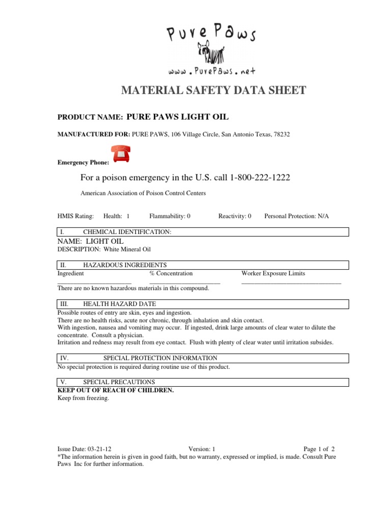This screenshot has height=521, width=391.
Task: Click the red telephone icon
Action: point(120,153)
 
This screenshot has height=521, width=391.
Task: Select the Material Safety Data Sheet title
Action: point(213,91)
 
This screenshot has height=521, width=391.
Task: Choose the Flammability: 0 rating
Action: point(170,216)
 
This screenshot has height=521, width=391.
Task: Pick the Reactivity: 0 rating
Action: point(235,216)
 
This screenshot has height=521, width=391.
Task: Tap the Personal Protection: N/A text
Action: point(296,216)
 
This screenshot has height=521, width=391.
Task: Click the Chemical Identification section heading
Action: point(127,232)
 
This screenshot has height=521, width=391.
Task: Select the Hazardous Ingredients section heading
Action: point(125,265)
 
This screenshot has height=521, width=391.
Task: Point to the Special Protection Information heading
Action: point(160,358)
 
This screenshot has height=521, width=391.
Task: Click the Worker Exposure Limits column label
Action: point(273,274)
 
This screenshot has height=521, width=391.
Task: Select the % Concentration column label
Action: point(171,274)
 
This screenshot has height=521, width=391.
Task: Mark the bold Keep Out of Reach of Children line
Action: point(116,390)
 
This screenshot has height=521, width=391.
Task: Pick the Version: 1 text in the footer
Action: point(202,449)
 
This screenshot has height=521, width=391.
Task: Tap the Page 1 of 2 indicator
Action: point(319,449)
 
